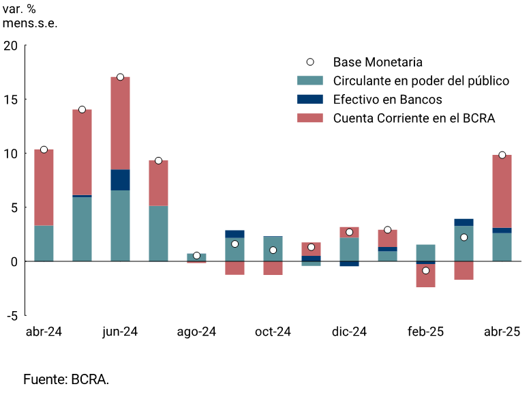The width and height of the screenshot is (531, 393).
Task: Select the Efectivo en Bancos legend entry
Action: coord(387,100)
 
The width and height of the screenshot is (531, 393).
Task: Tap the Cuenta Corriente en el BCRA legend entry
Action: coord(413,118)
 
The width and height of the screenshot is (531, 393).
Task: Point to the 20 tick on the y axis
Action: coord(10,46)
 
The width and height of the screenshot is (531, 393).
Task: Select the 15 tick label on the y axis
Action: coord(10,100)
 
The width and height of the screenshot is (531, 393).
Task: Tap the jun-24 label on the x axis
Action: coord(120,332)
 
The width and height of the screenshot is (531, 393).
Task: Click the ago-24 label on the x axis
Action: coord(196,332)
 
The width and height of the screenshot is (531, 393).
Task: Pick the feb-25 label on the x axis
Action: coord(425,332)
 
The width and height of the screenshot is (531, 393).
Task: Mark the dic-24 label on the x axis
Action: coord(349,332)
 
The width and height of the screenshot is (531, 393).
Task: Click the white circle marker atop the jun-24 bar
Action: coord(120,77)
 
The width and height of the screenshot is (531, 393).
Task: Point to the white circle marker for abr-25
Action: coord(502,155)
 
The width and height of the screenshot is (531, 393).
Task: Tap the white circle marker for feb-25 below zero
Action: coord(425,271)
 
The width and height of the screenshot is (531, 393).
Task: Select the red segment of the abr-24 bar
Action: coord(44,188)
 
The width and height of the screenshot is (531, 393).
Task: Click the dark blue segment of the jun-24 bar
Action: coord(120,180)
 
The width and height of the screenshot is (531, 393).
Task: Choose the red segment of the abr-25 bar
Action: coord(502,191)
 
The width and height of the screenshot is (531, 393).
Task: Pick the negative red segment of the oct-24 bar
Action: coord(273,268)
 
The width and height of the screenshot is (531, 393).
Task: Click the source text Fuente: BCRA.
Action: coord(66,379)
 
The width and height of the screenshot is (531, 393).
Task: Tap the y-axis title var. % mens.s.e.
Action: coord(30,16)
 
